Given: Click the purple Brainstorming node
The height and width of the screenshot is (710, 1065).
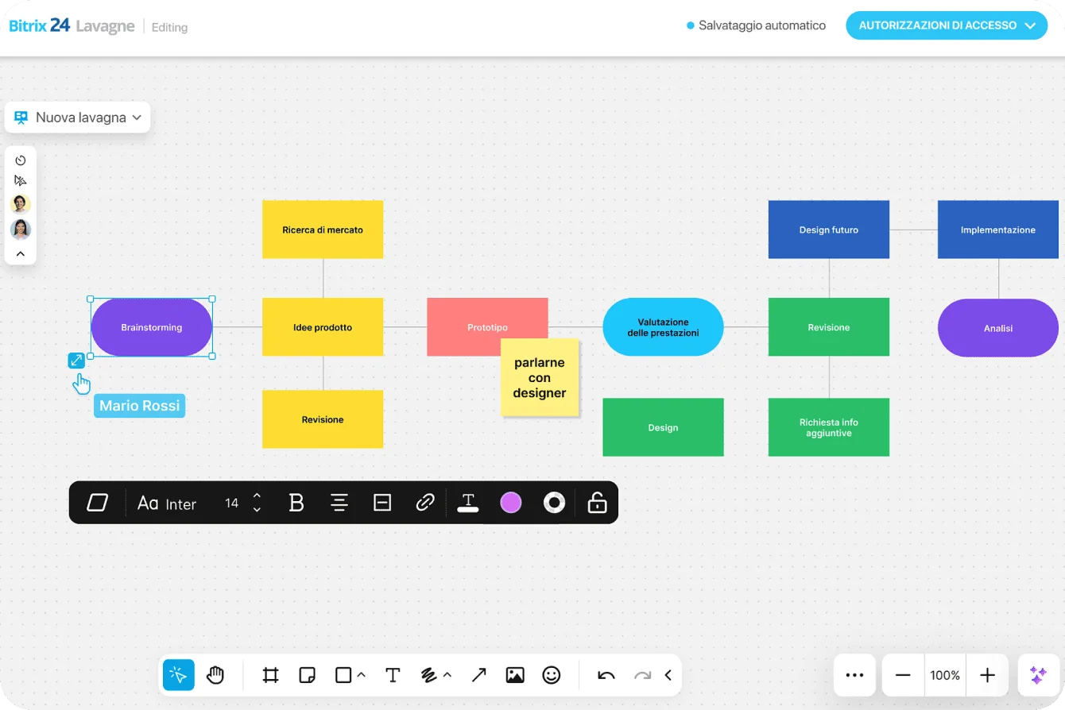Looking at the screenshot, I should [151, 327].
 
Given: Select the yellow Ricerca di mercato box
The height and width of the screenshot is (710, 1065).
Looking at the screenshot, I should [322, 230].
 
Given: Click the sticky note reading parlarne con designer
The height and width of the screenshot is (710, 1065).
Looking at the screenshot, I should [540, 378].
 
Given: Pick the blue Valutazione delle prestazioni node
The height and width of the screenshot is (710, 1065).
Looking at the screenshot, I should [663, 327].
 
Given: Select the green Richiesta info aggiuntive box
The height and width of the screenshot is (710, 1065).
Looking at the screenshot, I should [828, 427].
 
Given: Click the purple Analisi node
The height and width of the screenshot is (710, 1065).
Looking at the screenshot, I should [997, 328].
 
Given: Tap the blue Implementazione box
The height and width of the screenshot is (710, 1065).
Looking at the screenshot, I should [997, 230].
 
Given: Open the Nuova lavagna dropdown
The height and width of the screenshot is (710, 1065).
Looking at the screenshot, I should [78, 118].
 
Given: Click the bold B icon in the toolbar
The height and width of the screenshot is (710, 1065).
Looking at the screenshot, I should [296, 503].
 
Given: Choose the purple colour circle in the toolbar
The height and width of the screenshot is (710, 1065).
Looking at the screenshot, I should [510, 503].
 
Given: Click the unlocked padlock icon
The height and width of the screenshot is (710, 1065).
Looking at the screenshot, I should [597, 503].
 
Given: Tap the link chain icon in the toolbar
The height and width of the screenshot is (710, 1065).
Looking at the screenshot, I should [425, 503].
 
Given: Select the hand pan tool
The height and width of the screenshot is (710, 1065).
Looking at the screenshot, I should [215, 675].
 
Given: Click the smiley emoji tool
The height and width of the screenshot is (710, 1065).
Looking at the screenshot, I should [551, 675].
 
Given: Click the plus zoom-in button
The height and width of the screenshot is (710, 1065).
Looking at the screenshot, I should [987, 675].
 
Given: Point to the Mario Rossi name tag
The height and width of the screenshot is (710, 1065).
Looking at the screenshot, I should [139, 406].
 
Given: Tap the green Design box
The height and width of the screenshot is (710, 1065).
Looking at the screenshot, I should [663, 427].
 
